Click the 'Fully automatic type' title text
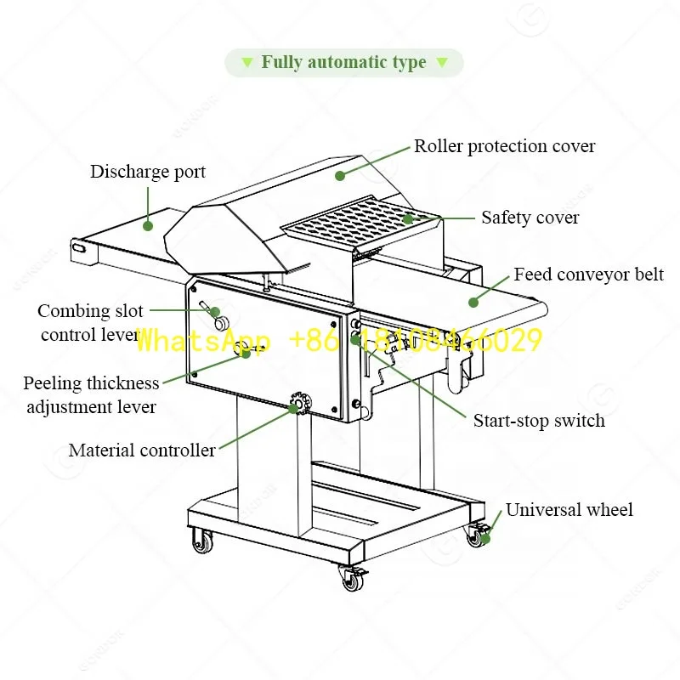(343, 62)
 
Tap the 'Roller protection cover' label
(504, 146)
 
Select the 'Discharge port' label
(148, 172)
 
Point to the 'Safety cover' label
(530, 218)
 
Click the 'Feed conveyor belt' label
(588, 275)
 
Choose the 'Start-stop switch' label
(539, 420)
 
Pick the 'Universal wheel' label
(569, 510)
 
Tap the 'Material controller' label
(142, 450)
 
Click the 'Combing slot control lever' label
(90, 323)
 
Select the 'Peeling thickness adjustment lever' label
(91, 395)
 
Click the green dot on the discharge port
(147, 226)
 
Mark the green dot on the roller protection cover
(339, 176)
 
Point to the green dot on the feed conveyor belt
(473, 301)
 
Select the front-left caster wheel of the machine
(202, 541)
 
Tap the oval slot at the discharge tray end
(79, 248)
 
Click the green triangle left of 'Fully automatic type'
(246, 63)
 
